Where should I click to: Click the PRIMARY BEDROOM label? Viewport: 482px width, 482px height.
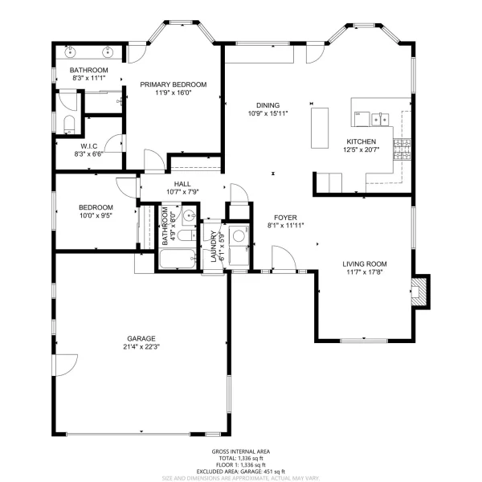point(173,84)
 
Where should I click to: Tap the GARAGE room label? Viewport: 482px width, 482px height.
point(141,338)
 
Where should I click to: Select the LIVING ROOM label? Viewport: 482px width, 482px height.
point(365,263)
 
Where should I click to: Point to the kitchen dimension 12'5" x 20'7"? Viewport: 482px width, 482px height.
point(361,149)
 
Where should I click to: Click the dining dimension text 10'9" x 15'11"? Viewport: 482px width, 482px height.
point(268,113)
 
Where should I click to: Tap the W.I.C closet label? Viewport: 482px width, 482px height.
point(89,146)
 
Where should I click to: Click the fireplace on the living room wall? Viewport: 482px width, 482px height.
point(419,292)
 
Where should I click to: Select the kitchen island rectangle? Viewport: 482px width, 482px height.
point(320,128)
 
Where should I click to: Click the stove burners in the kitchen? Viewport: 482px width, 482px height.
point(402,149)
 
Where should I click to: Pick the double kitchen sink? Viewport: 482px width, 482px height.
point(380,119)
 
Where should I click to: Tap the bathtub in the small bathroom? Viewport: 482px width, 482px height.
point(178,259)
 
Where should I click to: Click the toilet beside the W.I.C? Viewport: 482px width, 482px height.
point(69,125)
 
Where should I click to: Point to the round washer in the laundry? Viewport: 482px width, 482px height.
point(239,236)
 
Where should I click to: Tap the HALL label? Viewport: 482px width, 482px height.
point(182,184)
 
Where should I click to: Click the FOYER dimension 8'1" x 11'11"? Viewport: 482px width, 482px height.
point(285,226)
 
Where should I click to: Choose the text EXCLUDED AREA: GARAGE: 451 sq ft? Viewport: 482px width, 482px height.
point(241,472)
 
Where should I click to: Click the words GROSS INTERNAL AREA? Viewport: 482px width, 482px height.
point(241,451)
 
